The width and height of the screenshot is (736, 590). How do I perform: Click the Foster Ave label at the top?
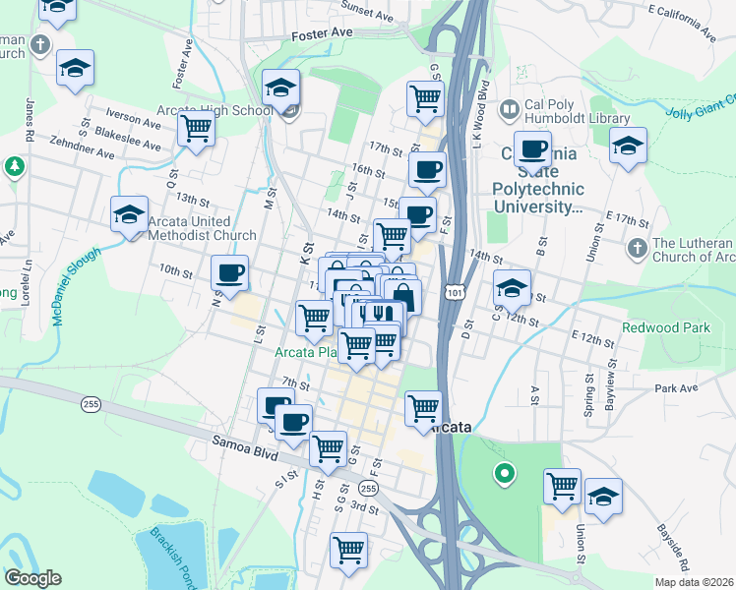pos(322,33)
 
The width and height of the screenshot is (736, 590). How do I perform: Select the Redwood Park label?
pos(664,326)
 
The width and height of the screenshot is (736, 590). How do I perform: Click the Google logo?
pos(32,578)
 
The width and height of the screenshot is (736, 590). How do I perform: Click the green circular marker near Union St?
pos(505,475)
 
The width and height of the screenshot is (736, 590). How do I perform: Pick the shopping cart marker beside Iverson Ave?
pos(197,126)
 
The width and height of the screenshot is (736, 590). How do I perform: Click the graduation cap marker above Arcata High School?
pos(281,88)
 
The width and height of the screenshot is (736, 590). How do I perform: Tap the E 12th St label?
pos(593,338)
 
